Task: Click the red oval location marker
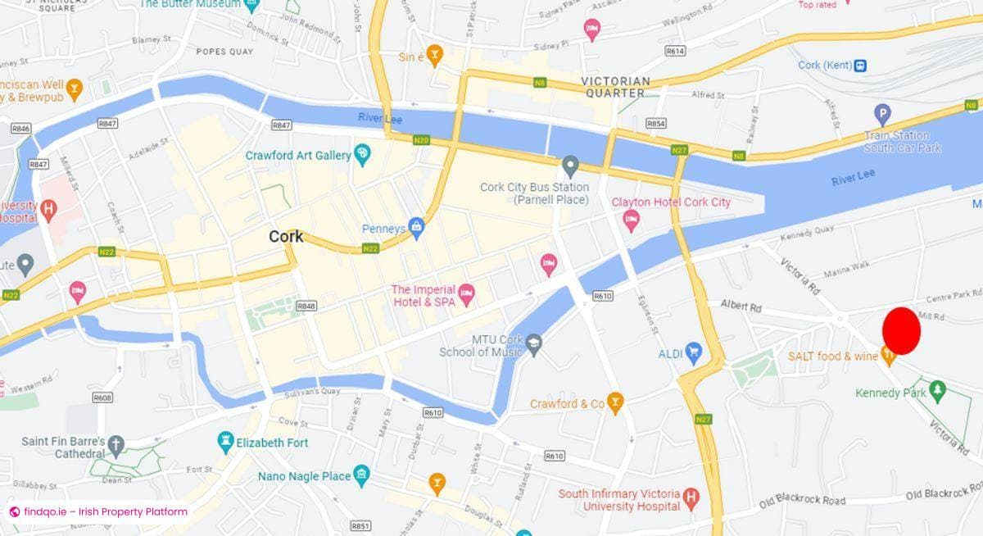[x=901, y=331]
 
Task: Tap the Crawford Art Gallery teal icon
[x=363, y=154]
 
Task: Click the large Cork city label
[x=286, y=237]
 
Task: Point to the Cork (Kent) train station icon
[x=859, y=66]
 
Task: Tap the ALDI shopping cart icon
[x=693, y=353]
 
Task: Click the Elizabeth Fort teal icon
[x=225, y=443]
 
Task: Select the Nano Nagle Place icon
[x=361, y=475]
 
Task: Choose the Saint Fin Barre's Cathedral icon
[x=116, y=445]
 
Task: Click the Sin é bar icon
[x=433, y=56]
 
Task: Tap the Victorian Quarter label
[x=615, y=87]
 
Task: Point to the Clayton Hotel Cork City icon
[x=631, y=220]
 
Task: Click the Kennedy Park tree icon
[x=938, y=393]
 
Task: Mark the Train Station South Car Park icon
[x=882, y=115]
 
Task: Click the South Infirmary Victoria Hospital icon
[x=691, y=497]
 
